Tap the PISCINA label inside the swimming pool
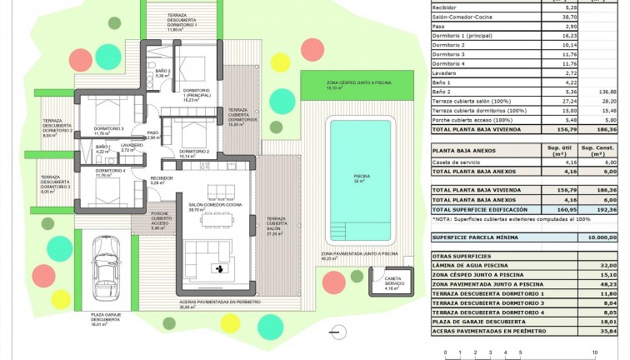coord(361,177)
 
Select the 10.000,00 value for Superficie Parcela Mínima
coord(601,237)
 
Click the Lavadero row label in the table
coord(447,73)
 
